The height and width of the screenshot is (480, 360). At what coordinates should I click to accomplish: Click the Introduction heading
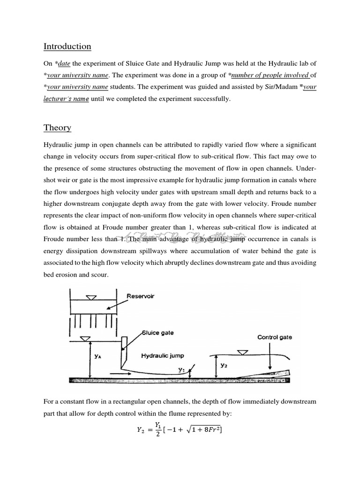67,46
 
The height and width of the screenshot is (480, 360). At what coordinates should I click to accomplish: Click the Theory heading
57,128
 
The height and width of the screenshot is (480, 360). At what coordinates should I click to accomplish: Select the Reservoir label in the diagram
140,296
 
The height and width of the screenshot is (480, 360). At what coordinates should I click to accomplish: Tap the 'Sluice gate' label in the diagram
158,333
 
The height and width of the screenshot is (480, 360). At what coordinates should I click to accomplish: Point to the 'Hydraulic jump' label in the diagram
163,356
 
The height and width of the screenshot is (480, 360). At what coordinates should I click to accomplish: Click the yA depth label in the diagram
98,356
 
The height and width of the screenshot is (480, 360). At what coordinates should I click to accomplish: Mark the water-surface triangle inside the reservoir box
93,297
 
